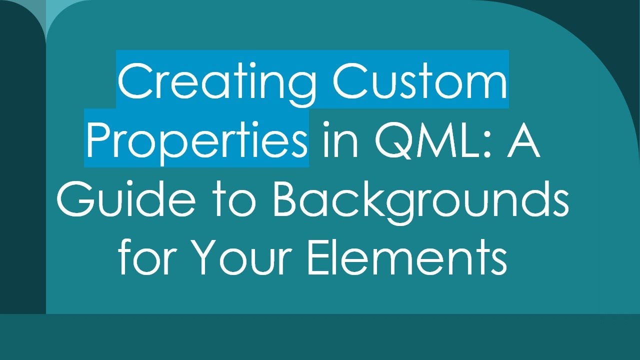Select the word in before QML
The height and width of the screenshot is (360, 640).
[340, 140]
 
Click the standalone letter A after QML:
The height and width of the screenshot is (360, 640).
[522, 140]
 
